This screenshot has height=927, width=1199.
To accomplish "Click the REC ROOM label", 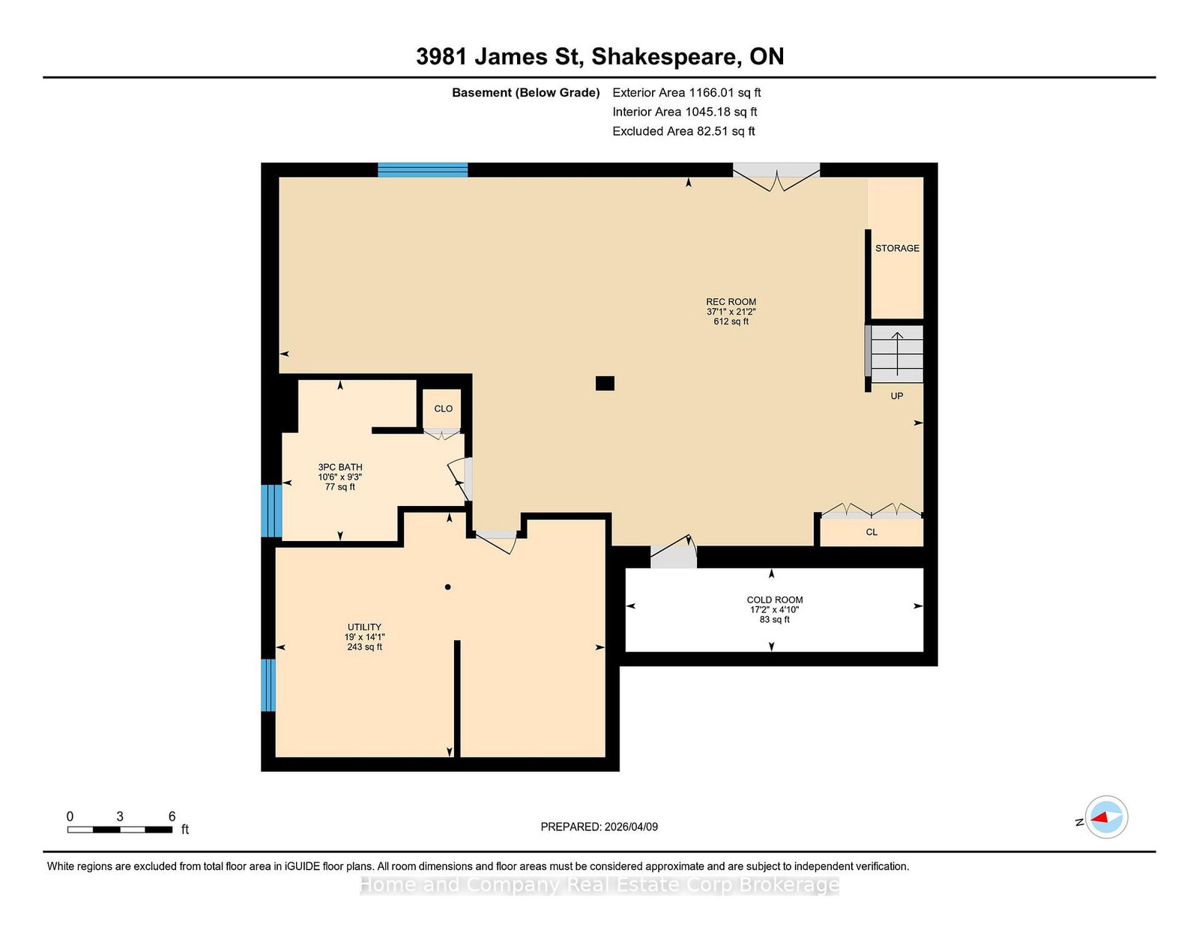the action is pyautogui.click(x=731, y=302).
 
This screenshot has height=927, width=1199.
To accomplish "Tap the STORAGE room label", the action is pyautogui.click(x=897, y=248).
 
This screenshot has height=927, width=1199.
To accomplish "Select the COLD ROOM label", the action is pyautogui.click(x=775, y=600).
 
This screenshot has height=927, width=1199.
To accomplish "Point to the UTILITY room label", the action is pyautogui.click(x=364, y=626).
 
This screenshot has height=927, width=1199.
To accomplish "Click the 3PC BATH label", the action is pyautogui.click(x=340, y=467).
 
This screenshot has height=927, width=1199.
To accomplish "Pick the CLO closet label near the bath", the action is pyautogui.click(x=443, y=409).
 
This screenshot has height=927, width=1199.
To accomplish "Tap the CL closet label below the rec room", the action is pyautogui.click(x=872, y=532).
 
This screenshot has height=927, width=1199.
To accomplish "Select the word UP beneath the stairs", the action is pyautogui.click(x=897, y=396).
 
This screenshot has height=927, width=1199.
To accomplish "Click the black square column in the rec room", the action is pyautogui.click(x=605, y=383).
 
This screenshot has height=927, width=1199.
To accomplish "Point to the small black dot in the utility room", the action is pyautogui.click(x=447, y=587).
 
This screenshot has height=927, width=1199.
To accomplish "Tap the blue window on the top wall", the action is pyautogui.click(x=423, y=169).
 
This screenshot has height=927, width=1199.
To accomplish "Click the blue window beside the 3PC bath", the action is pyautogui.click(x=271, y=511).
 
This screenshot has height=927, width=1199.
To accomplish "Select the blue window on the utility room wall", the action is pyautogui.click(x=268, y=685).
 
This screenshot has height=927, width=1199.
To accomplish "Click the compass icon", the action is pyautogui.click(x=1106, y=817).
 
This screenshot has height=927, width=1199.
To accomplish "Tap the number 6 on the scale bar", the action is pyautogui.click(x=172, y=816).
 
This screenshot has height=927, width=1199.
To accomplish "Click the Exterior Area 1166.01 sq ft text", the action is pyautogui.click(x=686, y=93).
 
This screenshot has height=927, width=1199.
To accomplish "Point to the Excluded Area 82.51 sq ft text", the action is pyautogui.click(x=683, y=131).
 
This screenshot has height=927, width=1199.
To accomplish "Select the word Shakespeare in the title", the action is pyautogui.click(x=666, y=58).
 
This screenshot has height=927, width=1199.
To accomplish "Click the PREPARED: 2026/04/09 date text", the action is pyautogui.click(x=599, y=827).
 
